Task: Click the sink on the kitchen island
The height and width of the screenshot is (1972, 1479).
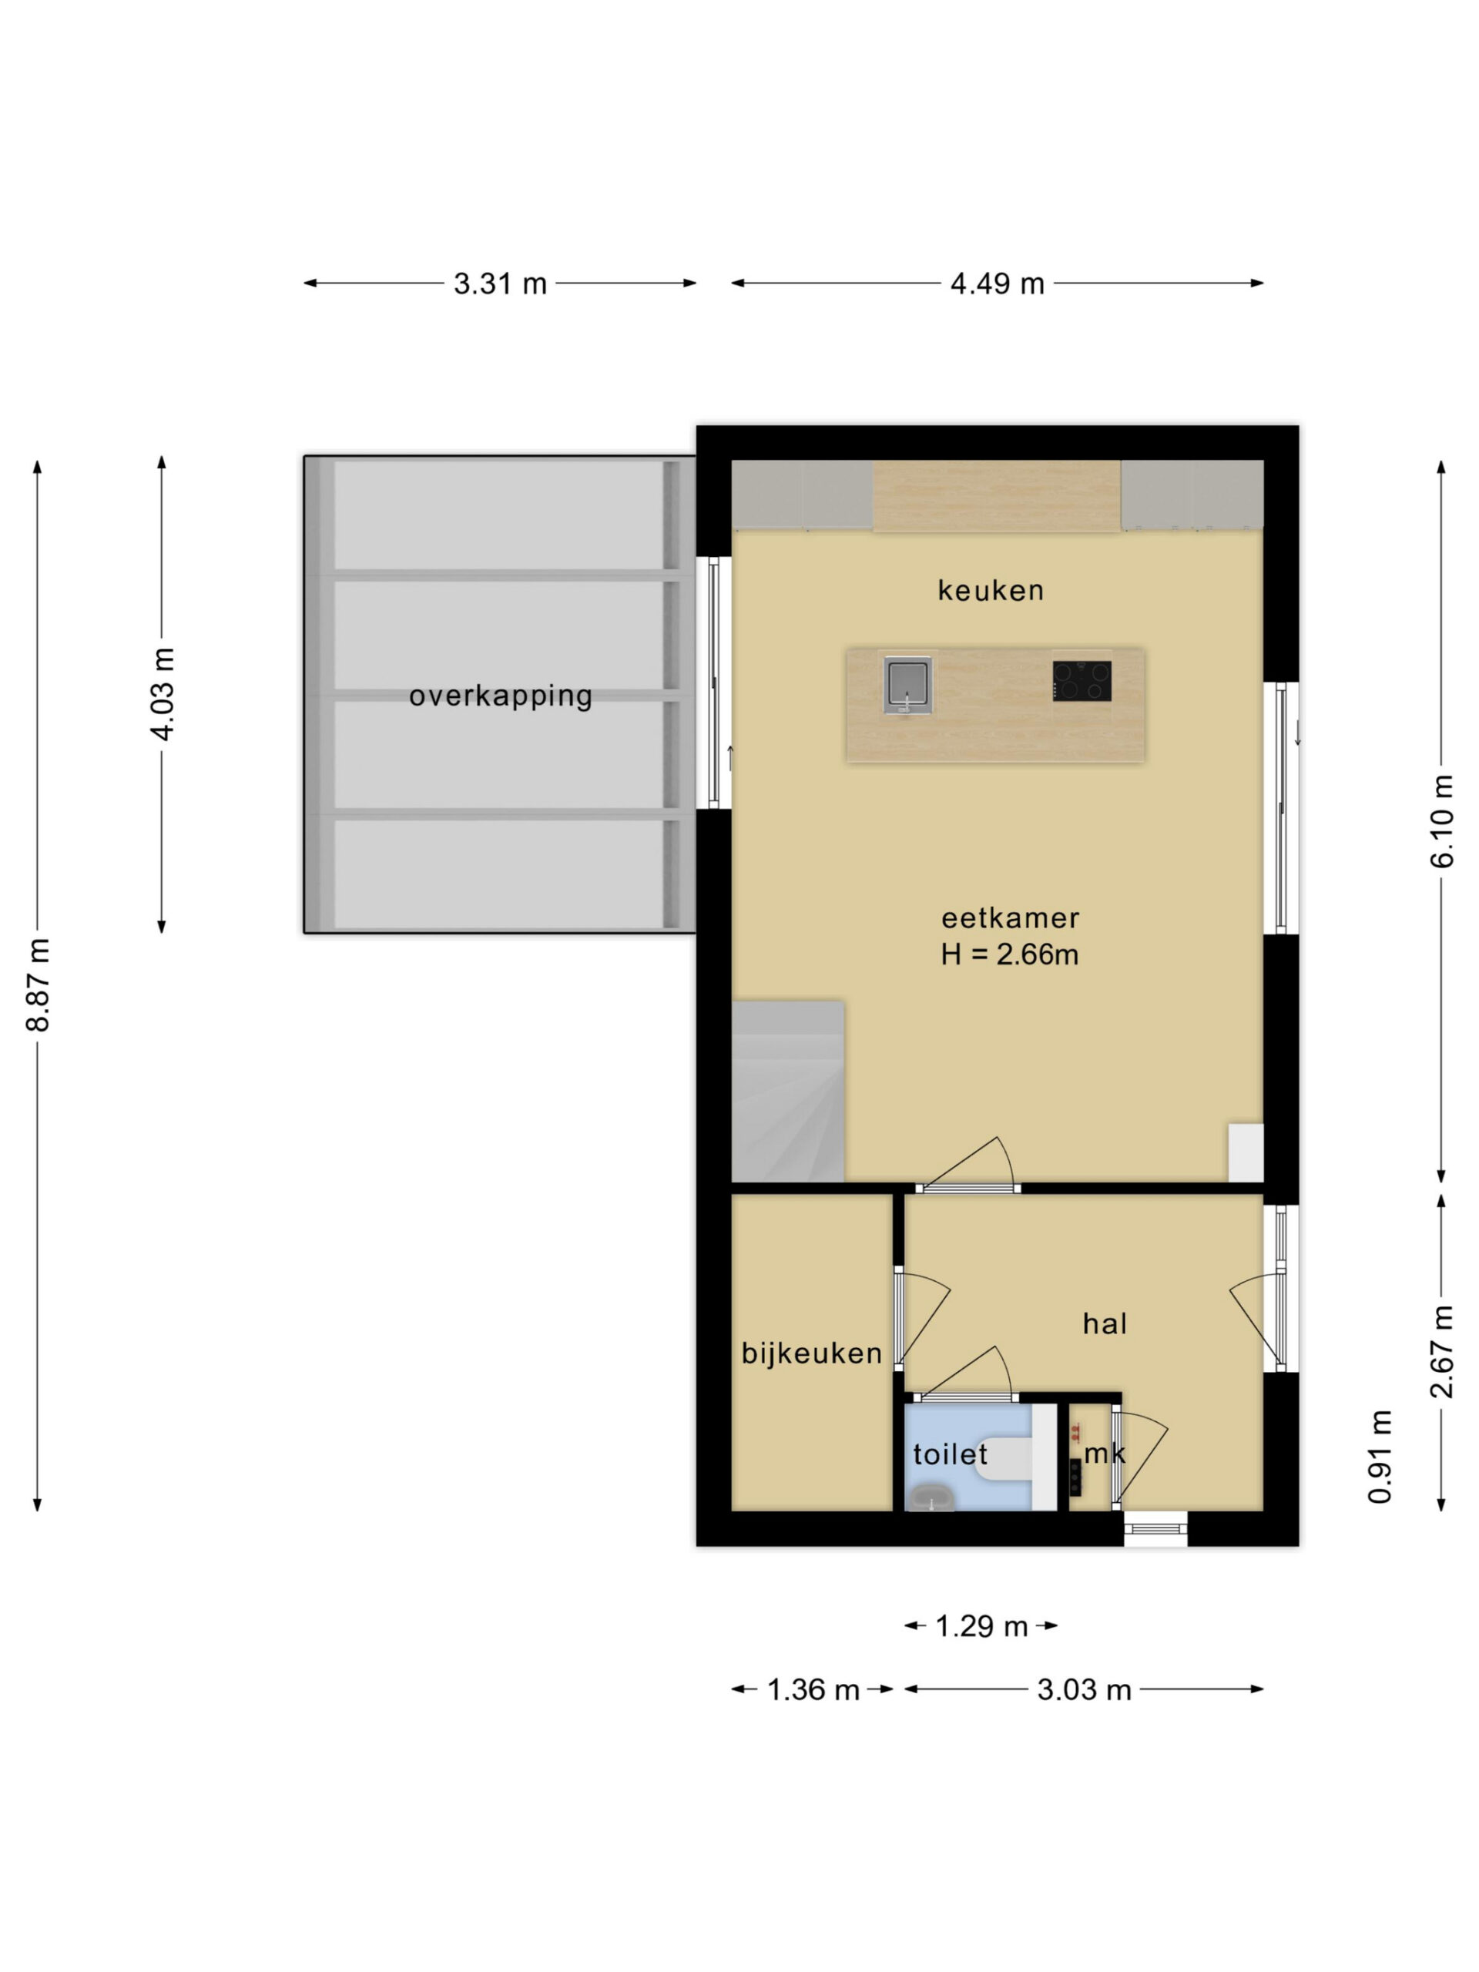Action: point(907,684)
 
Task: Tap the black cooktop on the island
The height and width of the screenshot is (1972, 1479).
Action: point(1082,680)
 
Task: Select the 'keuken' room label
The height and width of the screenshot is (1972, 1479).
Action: point(991,590)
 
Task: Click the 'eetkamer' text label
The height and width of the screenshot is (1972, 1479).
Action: point(1010,917)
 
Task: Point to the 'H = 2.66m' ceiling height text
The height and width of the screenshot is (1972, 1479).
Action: point(1009,954)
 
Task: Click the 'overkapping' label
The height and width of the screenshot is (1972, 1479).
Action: point(500,696)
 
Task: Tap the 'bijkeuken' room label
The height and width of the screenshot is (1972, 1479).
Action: point(811,1353)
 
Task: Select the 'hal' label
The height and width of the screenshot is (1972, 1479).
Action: point(1105,1324)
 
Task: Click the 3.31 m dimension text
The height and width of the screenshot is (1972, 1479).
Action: point(499,283)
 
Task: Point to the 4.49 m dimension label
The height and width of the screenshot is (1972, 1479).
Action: point(997,283)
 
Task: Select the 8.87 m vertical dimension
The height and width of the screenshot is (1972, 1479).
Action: point(38,985)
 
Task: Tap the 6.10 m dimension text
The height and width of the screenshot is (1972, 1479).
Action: point(1441,821)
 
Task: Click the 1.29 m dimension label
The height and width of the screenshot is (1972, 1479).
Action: point(981,1627)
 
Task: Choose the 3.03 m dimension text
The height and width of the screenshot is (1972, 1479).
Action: point(1083,1689)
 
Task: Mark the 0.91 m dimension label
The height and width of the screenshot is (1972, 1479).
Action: point(1380,1456)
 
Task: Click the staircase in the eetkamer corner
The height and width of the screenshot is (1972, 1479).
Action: point(787,1092)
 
